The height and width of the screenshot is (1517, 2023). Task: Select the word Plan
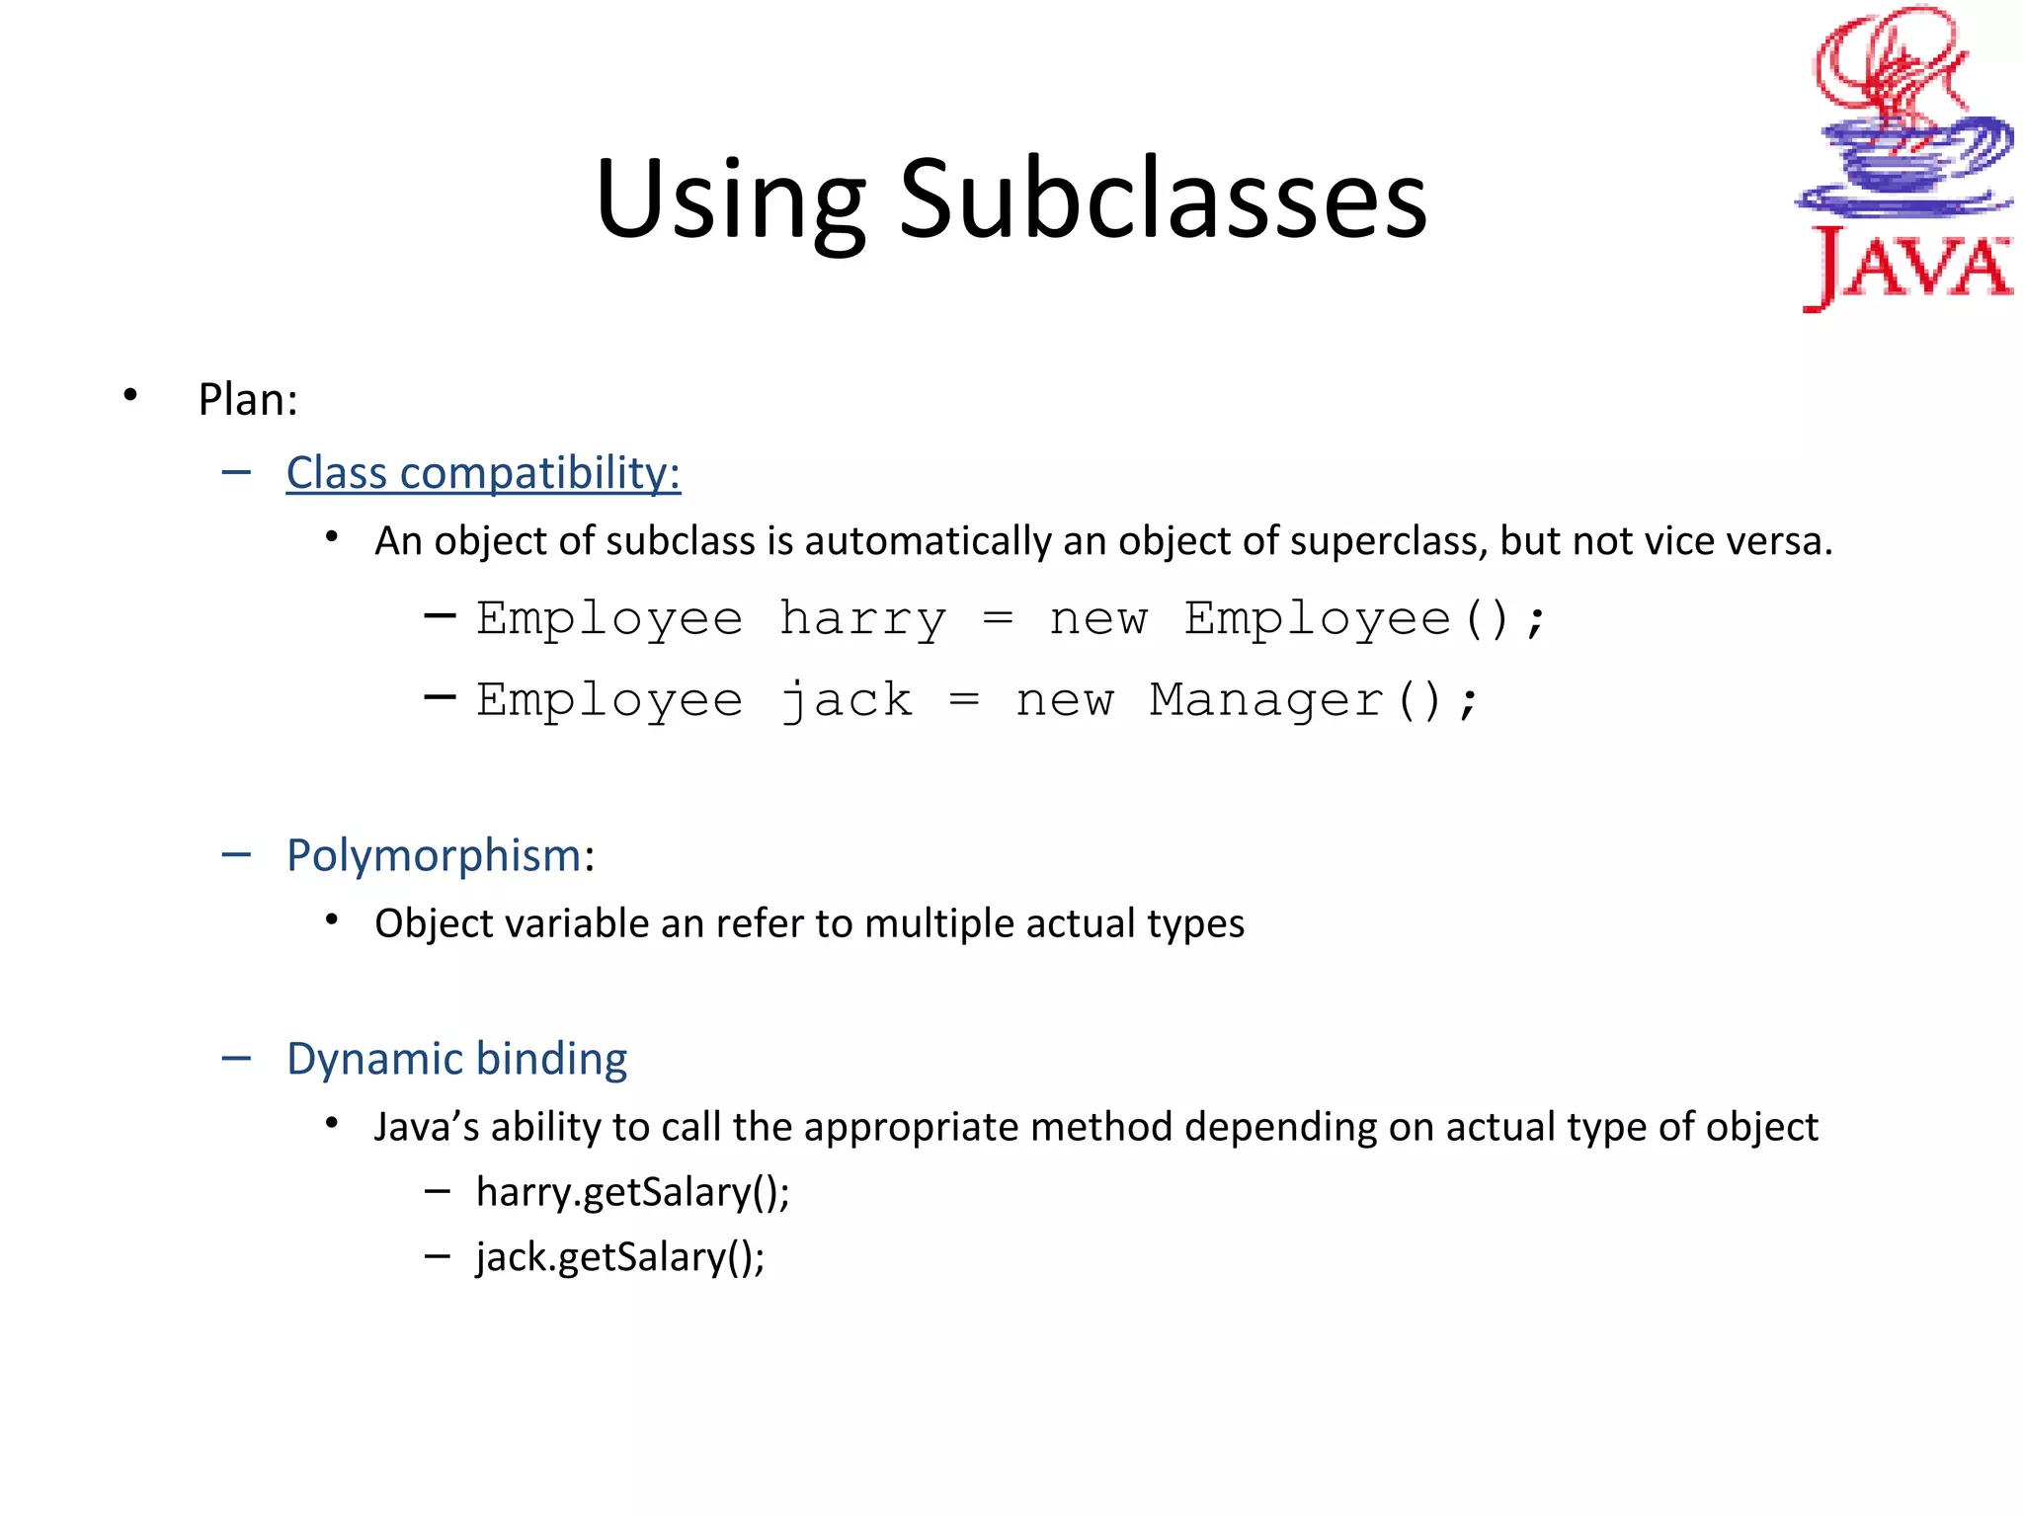pos(247,400)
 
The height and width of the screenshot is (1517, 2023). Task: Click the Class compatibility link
pos(483,473)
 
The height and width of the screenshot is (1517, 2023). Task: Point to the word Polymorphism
pos(434,855)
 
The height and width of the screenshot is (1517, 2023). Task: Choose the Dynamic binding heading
pos(456,1059)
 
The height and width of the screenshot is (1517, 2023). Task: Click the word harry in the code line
pos(863,620)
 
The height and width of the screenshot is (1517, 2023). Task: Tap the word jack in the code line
pos(847,701)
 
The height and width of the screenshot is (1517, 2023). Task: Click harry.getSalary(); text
pos(632,1192)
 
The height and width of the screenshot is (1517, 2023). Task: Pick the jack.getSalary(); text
pos(620,1257)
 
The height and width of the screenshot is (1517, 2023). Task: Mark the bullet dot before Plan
pos(130,396)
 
